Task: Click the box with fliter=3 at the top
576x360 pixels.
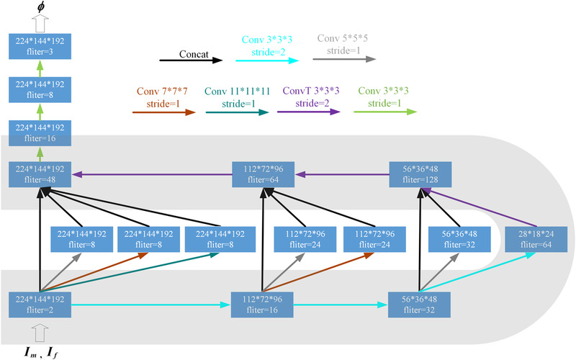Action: [41, 47]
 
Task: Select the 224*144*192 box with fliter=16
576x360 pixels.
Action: [41, 135]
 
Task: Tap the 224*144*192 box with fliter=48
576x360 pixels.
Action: [41, 175]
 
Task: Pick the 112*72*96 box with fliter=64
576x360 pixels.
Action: [262, 175]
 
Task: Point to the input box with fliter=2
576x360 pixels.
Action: [41, 305]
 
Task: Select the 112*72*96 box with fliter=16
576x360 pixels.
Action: [262, 305]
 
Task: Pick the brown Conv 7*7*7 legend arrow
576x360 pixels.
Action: [164, 112]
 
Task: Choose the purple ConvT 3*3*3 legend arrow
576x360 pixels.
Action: [311, 112]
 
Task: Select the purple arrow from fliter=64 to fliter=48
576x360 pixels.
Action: [151, 175]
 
